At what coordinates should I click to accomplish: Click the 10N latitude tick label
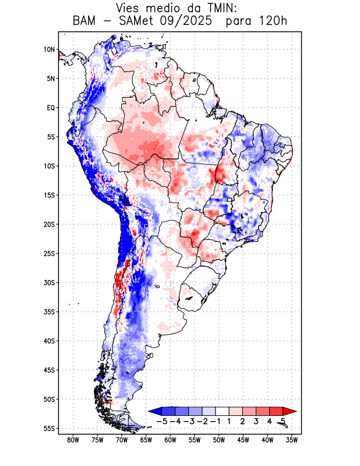49,50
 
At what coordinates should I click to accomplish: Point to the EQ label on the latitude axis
51,108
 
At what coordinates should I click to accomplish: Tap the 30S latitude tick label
49,283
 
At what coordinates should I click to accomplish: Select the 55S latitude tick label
49,429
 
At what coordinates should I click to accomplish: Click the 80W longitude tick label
73,440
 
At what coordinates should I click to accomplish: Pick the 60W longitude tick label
170,440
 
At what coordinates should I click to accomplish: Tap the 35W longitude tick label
292,440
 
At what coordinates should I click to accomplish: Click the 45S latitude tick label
49,370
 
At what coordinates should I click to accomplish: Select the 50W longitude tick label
219,440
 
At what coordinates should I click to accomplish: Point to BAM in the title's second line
87,22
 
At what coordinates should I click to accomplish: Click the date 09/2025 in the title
195,22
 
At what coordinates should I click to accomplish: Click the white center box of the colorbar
222,411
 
